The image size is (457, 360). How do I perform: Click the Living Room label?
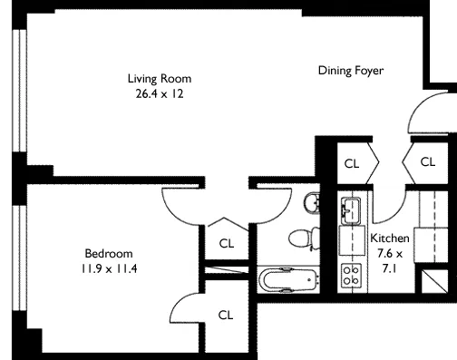(159, 78)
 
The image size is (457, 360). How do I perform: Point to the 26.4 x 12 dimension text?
(159, 93)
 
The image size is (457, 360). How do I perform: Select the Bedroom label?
(109, 253)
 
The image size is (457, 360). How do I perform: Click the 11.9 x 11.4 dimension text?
(109, 268)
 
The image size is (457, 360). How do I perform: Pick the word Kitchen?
(390, 238)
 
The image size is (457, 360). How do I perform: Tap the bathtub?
(285, 278)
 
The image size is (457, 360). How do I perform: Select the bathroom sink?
(312, 203)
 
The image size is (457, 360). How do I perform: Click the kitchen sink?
(351, 209)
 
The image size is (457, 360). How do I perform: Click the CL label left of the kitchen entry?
(351, 164)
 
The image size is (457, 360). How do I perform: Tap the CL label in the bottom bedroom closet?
(226, 315)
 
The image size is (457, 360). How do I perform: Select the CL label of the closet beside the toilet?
(226, 242)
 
